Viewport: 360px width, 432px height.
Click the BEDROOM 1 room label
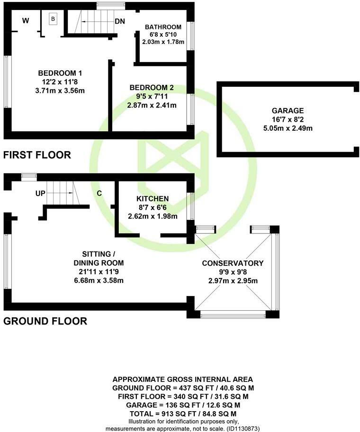(61, 73)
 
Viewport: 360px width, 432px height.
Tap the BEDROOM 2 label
(152, 88)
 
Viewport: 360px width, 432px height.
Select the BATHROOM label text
(162, 27)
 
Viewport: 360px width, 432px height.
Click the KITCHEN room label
(153, 198)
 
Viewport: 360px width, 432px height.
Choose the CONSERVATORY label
(233, 263)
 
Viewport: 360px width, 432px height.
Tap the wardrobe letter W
(26, 20)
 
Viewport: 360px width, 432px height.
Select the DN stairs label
(120, 21)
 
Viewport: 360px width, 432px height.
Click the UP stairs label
(41, 193)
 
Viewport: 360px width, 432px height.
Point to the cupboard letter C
(99, 193)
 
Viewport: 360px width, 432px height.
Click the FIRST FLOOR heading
(37, 154)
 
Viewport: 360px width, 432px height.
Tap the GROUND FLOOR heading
(45, 321)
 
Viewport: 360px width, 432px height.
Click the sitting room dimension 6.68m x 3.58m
(99, 280)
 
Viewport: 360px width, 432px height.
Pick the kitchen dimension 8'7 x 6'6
(153, 207)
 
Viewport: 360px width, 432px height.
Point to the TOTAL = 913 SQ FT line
(182, 413)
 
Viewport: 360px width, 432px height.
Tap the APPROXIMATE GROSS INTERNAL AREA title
(182, 379)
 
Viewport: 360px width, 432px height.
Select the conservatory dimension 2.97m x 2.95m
(233, 280)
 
